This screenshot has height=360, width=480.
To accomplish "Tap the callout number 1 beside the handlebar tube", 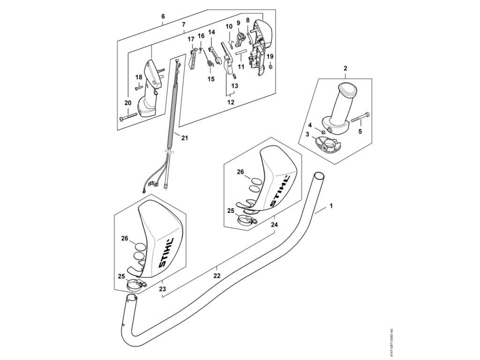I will [x=331, y=205].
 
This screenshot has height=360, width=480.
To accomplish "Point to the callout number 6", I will [x=163, y=16].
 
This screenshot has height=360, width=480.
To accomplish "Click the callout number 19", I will [x=270, y=57].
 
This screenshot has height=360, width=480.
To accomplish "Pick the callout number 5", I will [x=360, y=132].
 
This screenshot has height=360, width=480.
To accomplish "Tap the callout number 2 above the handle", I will [x=345, y=69].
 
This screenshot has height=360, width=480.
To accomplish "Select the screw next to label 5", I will [x=360, y=116].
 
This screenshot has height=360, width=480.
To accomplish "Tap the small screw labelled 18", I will [x=139, y=87].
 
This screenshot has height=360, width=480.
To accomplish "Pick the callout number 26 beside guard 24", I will [x=240, y=172].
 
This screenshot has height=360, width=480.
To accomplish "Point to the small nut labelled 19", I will [x=270, y=67].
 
